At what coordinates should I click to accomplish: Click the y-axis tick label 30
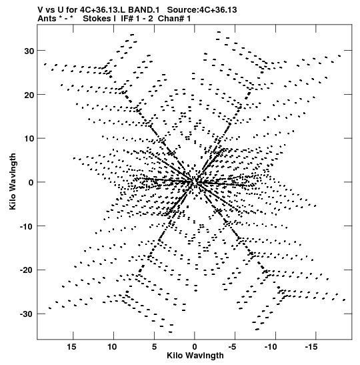pos(29,51)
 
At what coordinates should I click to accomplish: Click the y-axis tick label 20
pos(29,95)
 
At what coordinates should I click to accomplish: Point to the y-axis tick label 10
pos(29,139)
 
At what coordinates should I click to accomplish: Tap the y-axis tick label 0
pos(31,183)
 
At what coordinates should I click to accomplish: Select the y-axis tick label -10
pos(27,226)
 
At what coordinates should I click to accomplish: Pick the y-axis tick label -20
pos(27,270)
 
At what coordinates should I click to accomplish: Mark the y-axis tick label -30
pos(27,314)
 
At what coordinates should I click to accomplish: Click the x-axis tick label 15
pos(71,347)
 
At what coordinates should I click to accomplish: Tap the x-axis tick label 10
pos(112,347)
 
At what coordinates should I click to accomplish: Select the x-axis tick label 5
pos(154,347)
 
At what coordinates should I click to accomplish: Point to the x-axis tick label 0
pos(195,347)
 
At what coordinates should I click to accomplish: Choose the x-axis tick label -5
pos(233,347)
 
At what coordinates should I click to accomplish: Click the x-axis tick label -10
pos(271,347)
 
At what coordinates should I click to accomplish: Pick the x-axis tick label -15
pos(311,347)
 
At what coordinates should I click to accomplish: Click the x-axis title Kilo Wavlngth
pos(195,356)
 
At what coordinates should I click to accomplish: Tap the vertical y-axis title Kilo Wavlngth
pos(13,181)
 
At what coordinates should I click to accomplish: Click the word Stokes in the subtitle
pos(97,19)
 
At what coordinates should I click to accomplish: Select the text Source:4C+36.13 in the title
pos(202,10)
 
